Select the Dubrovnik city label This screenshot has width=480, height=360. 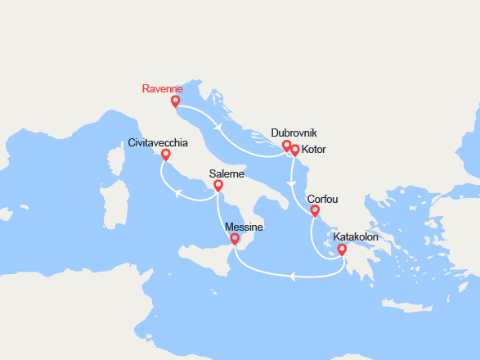(293, 133)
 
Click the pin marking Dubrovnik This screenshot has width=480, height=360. (286, 146)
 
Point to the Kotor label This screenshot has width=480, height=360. (315, 150)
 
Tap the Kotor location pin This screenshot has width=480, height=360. (295, 150)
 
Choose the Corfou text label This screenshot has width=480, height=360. (322, 199)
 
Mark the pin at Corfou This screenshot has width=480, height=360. (314, 211)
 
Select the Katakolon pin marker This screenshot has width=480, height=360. (341, 250)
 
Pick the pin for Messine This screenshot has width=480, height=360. (235, 239)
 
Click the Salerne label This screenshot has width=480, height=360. (227, 173)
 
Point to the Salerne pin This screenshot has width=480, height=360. (218, 187)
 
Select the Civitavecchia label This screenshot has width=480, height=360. (158, 142)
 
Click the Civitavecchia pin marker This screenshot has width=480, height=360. (166, 155)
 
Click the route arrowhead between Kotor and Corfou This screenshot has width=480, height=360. (293, 173)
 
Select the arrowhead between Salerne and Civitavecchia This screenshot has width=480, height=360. (177, 192)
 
